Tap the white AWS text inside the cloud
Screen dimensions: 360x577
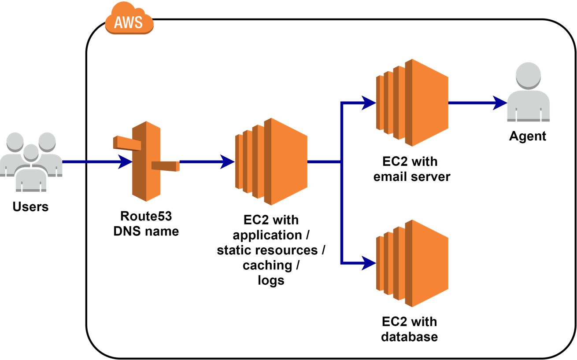click(128, 22)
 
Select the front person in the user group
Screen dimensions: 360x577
click(31, 172)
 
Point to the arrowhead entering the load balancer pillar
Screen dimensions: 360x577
click(126, 162)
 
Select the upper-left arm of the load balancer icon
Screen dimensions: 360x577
click(126, 143)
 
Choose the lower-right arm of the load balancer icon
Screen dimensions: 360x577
click(166, 166)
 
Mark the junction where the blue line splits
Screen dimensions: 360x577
click(341, 162)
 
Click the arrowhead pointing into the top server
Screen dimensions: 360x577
click(369, 103)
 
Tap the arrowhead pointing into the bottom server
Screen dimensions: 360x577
click(369, 263)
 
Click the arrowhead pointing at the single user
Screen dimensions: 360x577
click(500, 103)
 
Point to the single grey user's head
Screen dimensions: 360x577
click(528, 75)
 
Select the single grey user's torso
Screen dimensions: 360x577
click(528, 106)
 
